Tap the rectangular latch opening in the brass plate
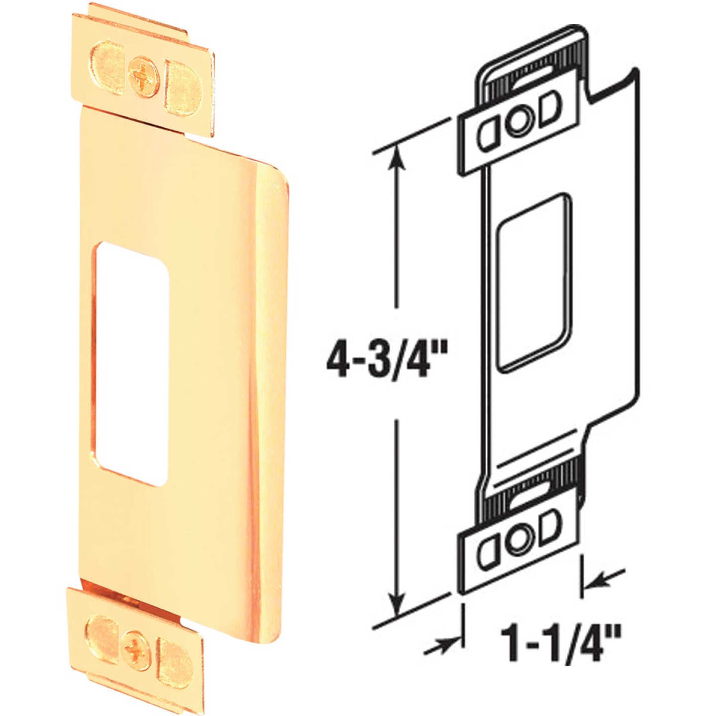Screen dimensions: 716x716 pyautogui.click(x=132, y=363)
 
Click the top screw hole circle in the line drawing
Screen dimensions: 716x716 pyautogui.click(x=519, y=121)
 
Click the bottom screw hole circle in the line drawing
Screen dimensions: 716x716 pyautogui.click(x=519, y=542)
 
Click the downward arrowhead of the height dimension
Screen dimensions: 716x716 pyautogui.click(x=396, y=604)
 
